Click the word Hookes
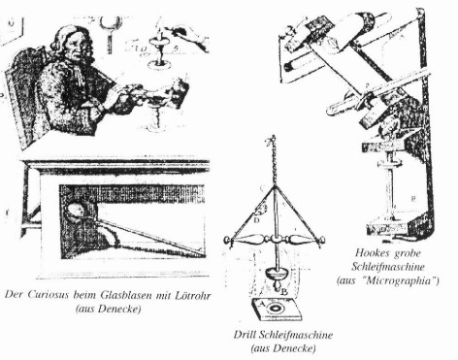[x=370, y=252]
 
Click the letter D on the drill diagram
[x=256, y=220]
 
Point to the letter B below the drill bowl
[x=284, y=293]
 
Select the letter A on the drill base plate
[x=263, y=304]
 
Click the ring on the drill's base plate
[x=278, y=309]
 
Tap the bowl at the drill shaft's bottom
[x=278, y=273]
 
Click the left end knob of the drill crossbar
[x=228, y=241]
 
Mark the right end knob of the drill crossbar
[x=321, y=241]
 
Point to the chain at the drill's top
[x=274, y=160]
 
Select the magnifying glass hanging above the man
[x=111, y=32]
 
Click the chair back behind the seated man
[x=24, y=94]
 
